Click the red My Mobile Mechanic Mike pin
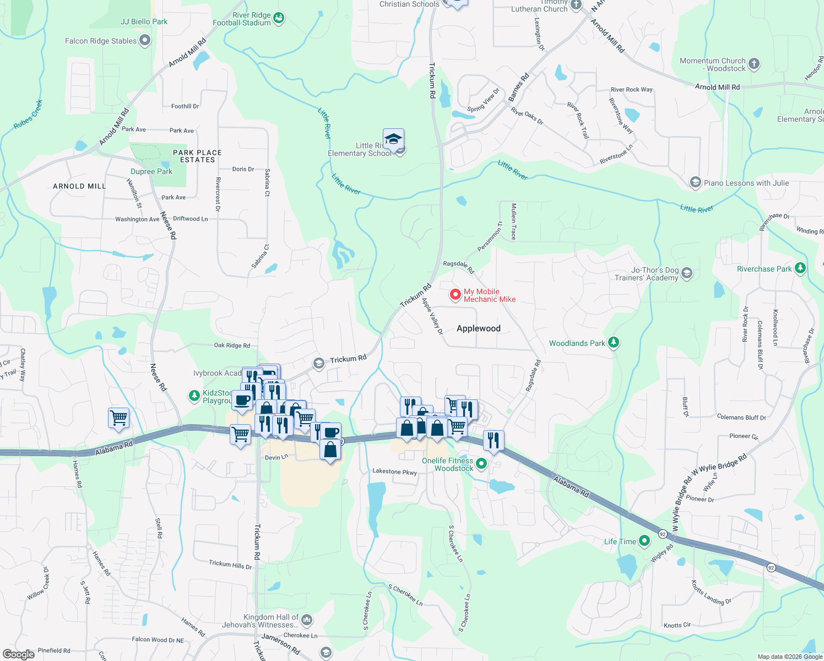tap(456, 295)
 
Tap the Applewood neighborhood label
tap(478, 328)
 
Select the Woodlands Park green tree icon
tap(614, 343)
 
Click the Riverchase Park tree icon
tap(800, 268)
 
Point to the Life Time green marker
tap(644, 541)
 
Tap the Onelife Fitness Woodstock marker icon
tap(481, 464)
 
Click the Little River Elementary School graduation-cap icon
tap(393, 138)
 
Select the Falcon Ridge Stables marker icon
tap(145, 40)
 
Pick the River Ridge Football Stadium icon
tap(279, 18)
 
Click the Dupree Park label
tap(151, 171)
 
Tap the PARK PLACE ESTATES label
tap(197, 156)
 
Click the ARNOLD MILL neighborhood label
tap(79, 186)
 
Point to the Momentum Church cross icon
tap(754, 63)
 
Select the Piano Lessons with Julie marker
tap(696, 182)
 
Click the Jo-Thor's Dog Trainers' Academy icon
tap(686, 273)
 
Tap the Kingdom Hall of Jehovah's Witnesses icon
tap(307, 620)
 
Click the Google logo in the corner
tap(19, 654)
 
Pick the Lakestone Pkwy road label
tap(394, 472)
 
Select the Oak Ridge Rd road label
tap(232, 345)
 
